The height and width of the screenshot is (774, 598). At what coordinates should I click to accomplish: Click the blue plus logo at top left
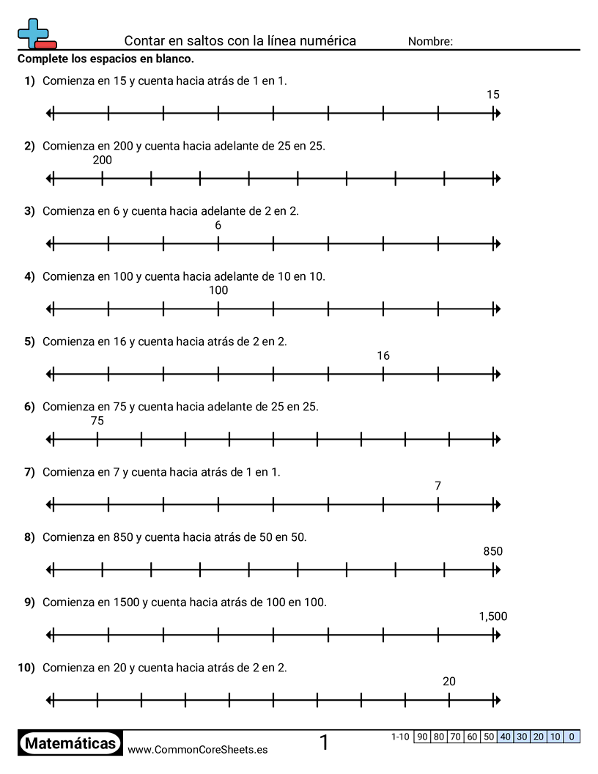coord(34,32)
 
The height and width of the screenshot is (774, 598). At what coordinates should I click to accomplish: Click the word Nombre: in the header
coord(430,42)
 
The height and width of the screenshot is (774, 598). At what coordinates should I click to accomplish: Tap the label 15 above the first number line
coord(493,95)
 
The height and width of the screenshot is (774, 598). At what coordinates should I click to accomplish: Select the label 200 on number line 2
coord(103,161)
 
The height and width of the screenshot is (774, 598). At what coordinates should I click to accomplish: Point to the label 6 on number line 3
coord(218,226)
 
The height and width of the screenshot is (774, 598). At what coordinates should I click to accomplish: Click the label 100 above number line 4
coord(218,290)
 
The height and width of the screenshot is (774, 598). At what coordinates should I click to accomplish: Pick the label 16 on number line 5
coord(383,356)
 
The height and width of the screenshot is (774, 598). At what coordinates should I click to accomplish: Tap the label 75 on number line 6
coord(97,421)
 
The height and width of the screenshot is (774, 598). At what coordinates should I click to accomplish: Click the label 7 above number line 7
coord(438,486)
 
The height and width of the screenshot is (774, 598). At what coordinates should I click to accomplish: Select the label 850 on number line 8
coord(493,551)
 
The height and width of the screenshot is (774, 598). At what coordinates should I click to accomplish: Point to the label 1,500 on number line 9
coord(493,616)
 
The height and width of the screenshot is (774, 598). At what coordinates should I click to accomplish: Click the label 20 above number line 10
coord(449,682)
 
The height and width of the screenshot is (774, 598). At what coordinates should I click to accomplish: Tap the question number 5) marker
coord(29,342)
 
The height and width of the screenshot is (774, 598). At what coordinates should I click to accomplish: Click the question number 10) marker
coord(26,668)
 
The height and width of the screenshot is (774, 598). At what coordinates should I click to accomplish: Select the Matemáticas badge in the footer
coord(70,744)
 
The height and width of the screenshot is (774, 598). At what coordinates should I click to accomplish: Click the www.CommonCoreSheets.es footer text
coord(197,750)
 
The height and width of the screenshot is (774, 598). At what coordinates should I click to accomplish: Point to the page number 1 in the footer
coord(324,743)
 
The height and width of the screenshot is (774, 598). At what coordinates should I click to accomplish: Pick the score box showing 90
coord(422,737)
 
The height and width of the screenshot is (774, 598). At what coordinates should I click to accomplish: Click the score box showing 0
coord(572,737)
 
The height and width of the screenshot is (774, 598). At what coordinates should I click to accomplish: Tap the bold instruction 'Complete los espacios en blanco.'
coord(106,59)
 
